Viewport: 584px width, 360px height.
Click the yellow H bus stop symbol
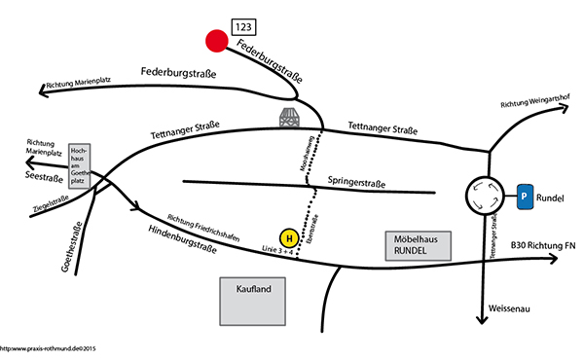288,237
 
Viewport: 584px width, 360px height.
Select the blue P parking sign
526,197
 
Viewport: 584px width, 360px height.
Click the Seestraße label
37,177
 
